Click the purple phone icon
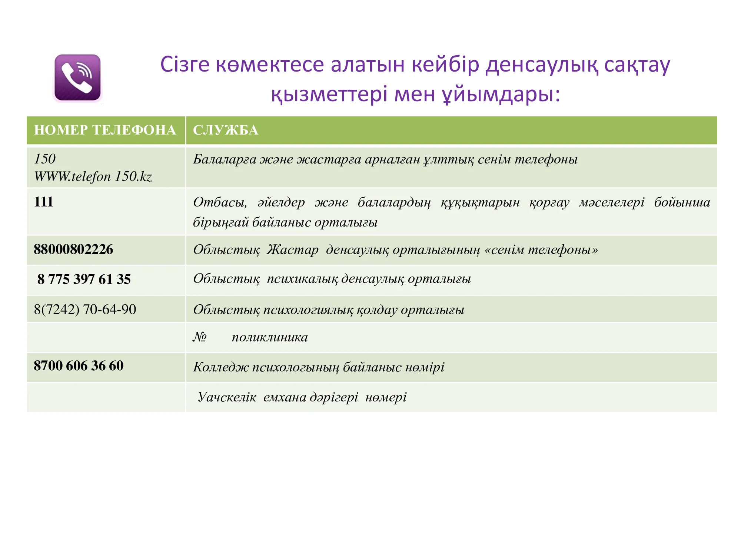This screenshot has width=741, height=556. (77, 77)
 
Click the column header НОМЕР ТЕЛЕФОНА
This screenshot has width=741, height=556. (105, 130)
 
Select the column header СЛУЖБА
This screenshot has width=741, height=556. (225, 130)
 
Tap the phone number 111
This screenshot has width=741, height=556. (43, 202)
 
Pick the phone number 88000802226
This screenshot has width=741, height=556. (73, 249)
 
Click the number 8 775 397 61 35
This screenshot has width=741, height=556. (84, 279)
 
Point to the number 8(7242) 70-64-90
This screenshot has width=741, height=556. (85, 309)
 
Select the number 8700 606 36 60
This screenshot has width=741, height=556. (79, 365)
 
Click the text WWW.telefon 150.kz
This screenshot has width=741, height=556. (93, 177)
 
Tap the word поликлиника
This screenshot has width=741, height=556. (270, 337)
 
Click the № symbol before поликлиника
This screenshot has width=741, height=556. (200, 337)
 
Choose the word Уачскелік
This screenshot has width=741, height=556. (227, 397)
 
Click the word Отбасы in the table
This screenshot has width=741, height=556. (220, 202)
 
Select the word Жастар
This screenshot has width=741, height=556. (293, 249)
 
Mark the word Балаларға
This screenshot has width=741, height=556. (225, 159)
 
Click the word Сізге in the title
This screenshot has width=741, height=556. (185, 65)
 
